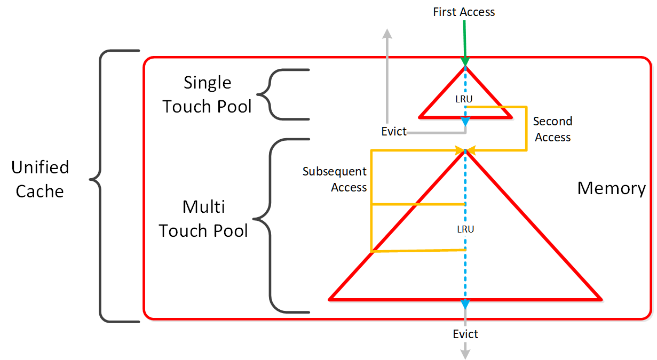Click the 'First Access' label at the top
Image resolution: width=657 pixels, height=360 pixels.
pos(464,12)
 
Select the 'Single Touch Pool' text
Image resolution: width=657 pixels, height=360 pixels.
pos(207,94)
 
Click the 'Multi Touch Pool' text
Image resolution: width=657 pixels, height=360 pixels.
pos(203,219)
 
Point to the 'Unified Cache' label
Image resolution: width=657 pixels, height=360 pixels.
pos(40,179)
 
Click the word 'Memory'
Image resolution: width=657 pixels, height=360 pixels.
pos(611,188)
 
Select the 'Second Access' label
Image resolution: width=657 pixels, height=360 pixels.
pos(552,129)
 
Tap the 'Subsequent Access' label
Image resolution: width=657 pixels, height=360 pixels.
pos(335,179)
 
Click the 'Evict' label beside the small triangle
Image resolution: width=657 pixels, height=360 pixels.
pos(394,132)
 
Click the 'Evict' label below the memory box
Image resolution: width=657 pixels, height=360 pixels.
pos(465,334)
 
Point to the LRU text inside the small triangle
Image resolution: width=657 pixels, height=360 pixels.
pos(464,99)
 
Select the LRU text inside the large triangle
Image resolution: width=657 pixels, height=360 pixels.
pos(465,229)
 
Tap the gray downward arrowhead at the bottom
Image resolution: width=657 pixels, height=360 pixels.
pos(465,353)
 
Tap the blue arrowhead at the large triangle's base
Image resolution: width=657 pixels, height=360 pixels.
pos(465,303)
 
